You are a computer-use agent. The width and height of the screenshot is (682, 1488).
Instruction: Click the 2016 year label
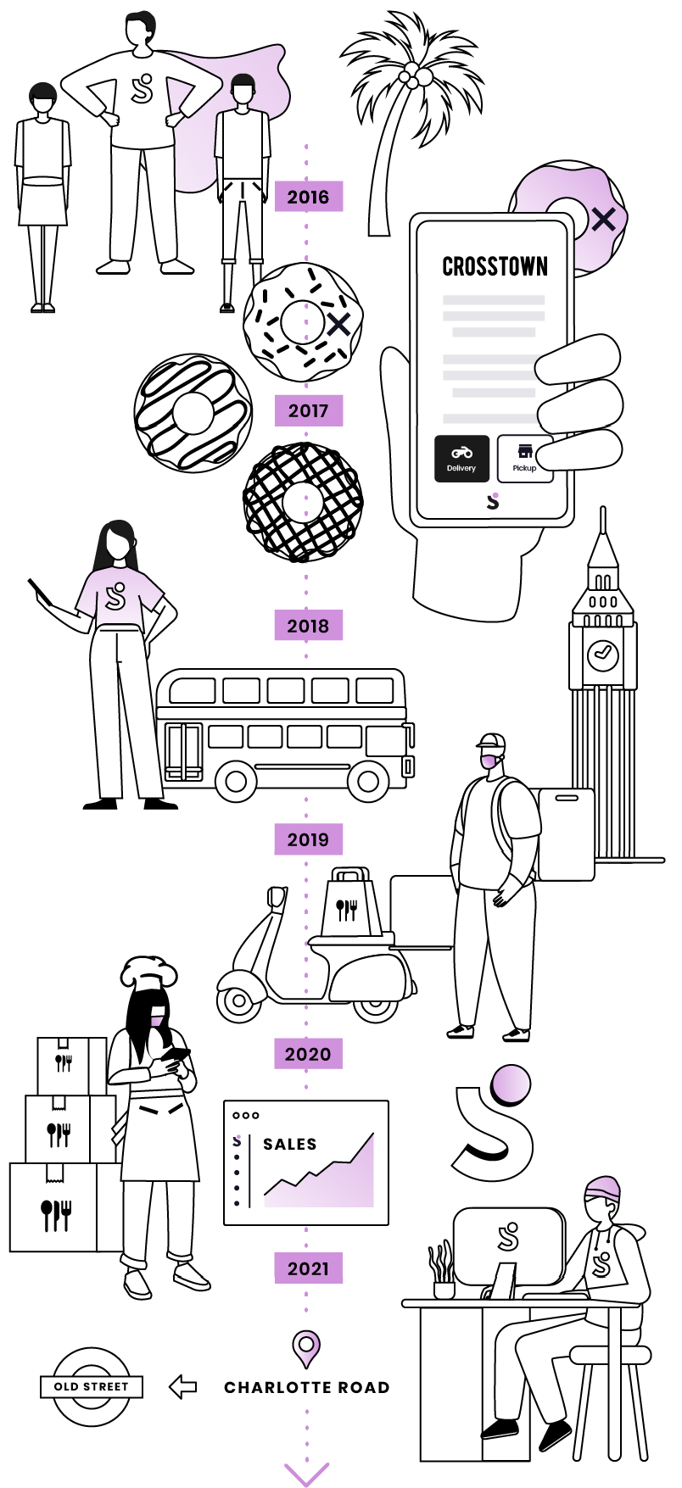308,197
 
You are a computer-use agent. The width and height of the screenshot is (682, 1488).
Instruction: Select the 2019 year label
308,839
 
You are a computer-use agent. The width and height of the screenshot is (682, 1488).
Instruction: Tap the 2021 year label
308,1268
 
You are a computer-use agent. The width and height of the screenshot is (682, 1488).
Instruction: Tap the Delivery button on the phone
461,459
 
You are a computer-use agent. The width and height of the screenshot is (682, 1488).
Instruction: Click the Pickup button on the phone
523,459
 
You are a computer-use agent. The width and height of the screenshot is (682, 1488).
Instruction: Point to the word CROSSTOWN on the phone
495,266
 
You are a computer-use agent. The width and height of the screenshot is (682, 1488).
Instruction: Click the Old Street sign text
92,1386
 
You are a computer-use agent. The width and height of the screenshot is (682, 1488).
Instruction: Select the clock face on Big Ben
603,653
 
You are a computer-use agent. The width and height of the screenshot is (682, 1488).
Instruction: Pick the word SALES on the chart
290,1144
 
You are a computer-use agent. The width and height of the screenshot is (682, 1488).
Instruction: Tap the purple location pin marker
306,1346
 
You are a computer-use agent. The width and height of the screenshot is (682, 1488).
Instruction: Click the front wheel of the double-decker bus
368,780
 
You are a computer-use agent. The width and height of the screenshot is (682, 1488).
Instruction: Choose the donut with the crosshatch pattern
303,502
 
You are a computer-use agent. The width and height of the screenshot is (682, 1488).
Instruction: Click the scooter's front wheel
238,1002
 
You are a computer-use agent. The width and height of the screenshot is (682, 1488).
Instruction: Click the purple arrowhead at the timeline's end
306,1474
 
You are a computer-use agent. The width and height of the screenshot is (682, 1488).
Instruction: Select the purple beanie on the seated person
603,1188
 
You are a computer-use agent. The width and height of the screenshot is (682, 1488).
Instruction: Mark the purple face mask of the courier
489,761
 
